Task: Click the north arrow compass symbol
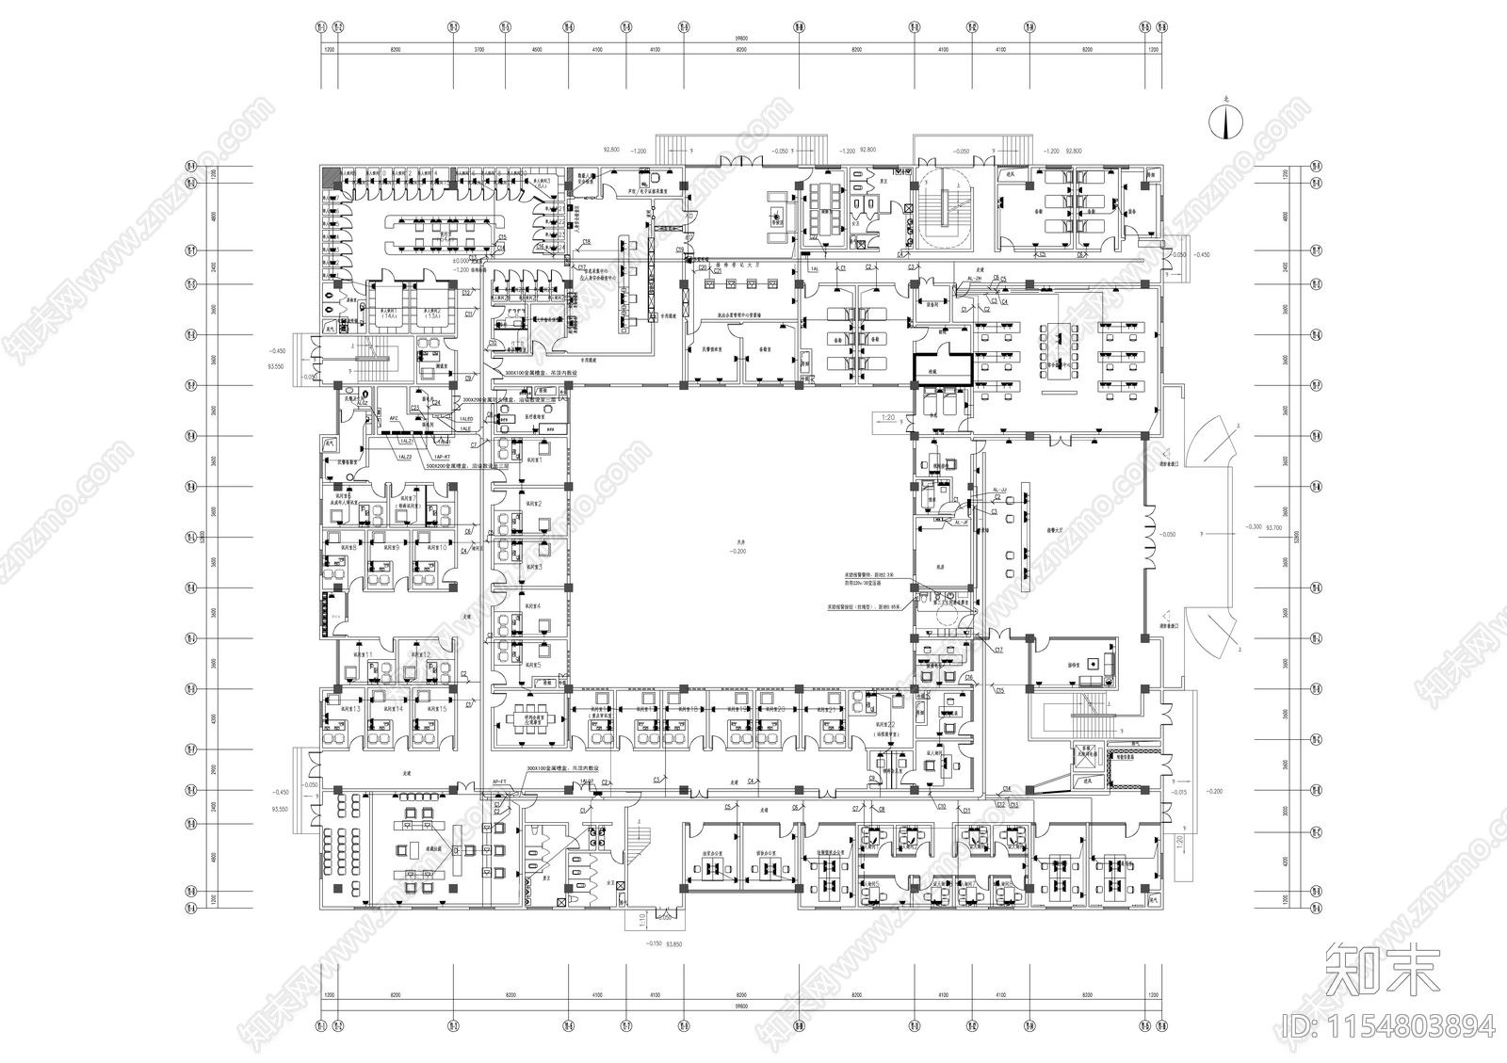[x=1226, y=121]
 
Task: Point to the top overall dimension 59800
[x=737, y=40]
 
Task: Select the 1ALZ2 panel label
[x=407, y=457]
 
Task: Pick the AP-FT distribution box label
[x=500, y=782]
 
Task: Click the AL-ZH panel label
[x=974, y=280]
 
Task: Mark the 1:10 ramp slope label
[x=639, y=915]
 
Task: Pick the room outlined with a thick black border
[x=942, y=367]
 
